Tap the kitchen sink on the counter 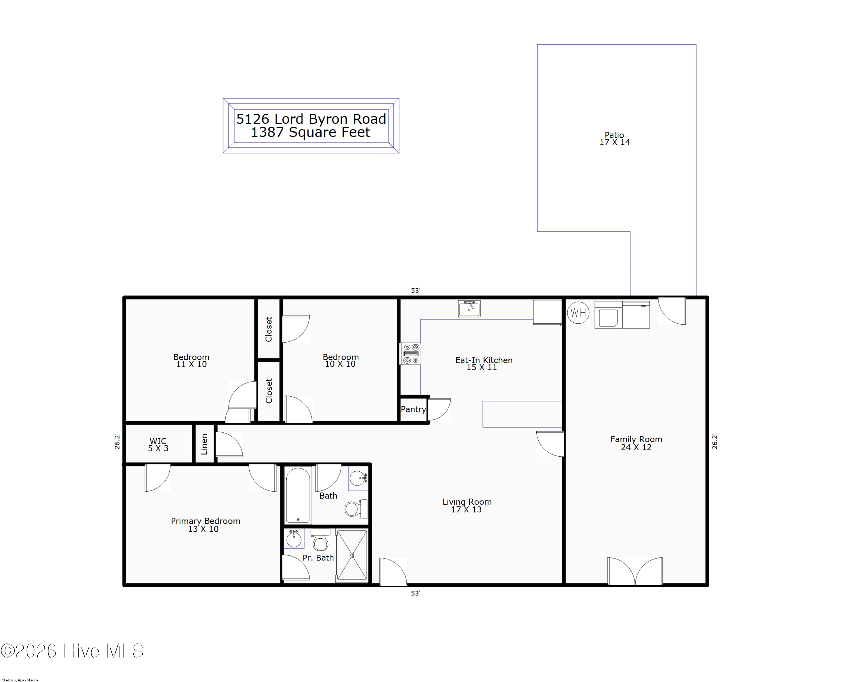click(x=469, y=308)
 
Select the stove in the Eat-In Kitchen click(x=410, y=354)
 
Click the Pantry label click(x=413, y=409)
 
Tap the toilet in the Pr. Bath click(x=320, y=540)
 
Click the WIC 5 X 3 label click(x=158, y=445)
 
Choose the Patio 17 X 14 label click(x=614, y=139)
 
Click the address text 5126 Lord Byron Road click(x=311, y=119)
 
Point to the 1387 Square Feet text click(x=311, y=132)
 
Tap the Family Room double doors click(x=635, y=571)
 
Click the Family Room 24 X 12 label click(x=636, y=443)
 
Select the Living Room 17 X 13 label click(x=467, y=506)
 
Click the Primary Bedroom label click(x=205, y=521)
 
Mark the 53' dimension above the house click(x=415, y=290)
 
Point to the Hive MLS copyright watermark click(x=72, y=651)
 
